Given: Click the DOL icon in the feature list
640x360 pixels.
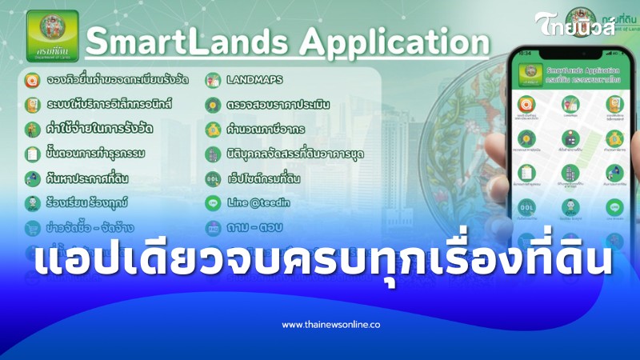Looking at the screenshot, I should pyautogui.click(x=213, y=178).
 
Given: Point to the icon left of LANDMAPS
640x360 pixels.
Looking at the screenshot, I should pyautogui.click(x=213, y=80).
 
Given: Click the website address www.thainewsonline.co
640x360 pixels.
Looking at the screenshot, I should pyautogui.click(x=330, y=325).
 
